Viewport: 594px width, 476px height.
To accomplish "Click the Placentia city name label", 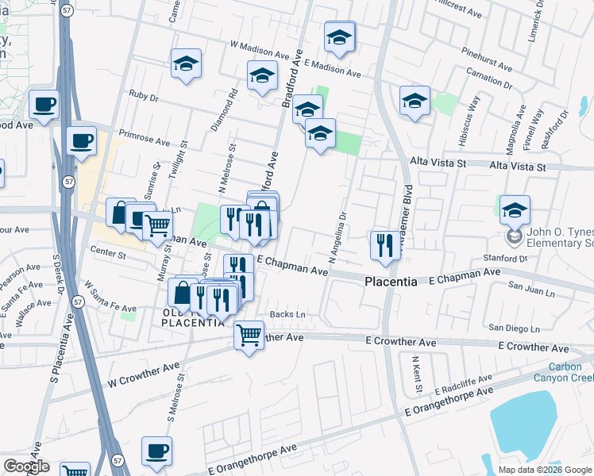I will [x=391, y=282].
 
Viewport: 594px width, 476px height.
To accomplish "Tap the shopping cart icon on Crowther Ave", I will [x=249, y=336].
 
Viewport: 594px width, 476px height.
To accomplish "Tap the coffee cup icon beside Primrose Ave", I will [x=81, y=141].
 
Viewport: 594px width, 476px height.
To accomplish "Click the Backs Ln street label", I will [x=287, y=315].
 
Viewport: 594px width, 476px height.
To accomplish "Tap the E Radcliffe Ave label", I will [x=463, y=385].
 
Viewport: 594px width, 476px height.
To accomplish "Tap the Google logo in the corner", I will [x=26, y=466].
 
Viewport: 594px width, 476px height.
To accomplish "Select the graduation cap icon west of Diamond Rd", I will [x=187, y=64].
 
